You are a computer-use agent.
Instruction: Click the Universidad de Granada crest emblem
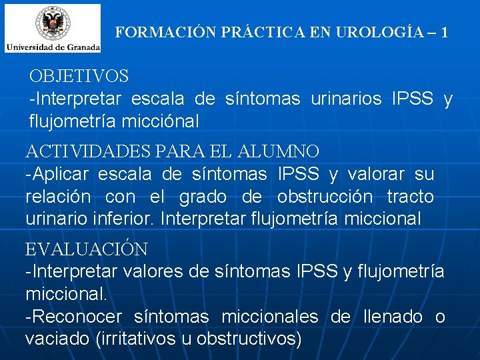(52, 23)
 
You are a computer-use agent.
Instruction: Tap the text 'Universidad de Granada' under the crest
(53, 47)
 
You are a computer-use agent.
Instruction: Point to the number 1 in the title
(444, 31)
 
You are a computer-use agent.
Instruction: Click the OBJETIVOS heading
(79, 77)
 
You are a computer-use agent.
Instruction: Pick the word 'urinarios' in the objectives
(346, 99)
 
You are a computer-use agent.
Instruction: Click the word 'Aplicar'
(61, 175)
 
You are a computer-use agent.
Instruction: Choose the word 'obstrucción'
(325, 197)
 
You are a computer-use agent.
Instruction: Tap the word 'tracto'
(411, 197)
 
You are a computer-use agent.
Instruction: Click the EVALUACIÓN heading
(86, 249)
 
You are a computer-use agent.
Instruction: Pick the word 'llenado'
(393, 317)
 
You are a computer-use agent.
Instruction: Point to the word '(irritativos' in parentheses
(135, 339)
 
